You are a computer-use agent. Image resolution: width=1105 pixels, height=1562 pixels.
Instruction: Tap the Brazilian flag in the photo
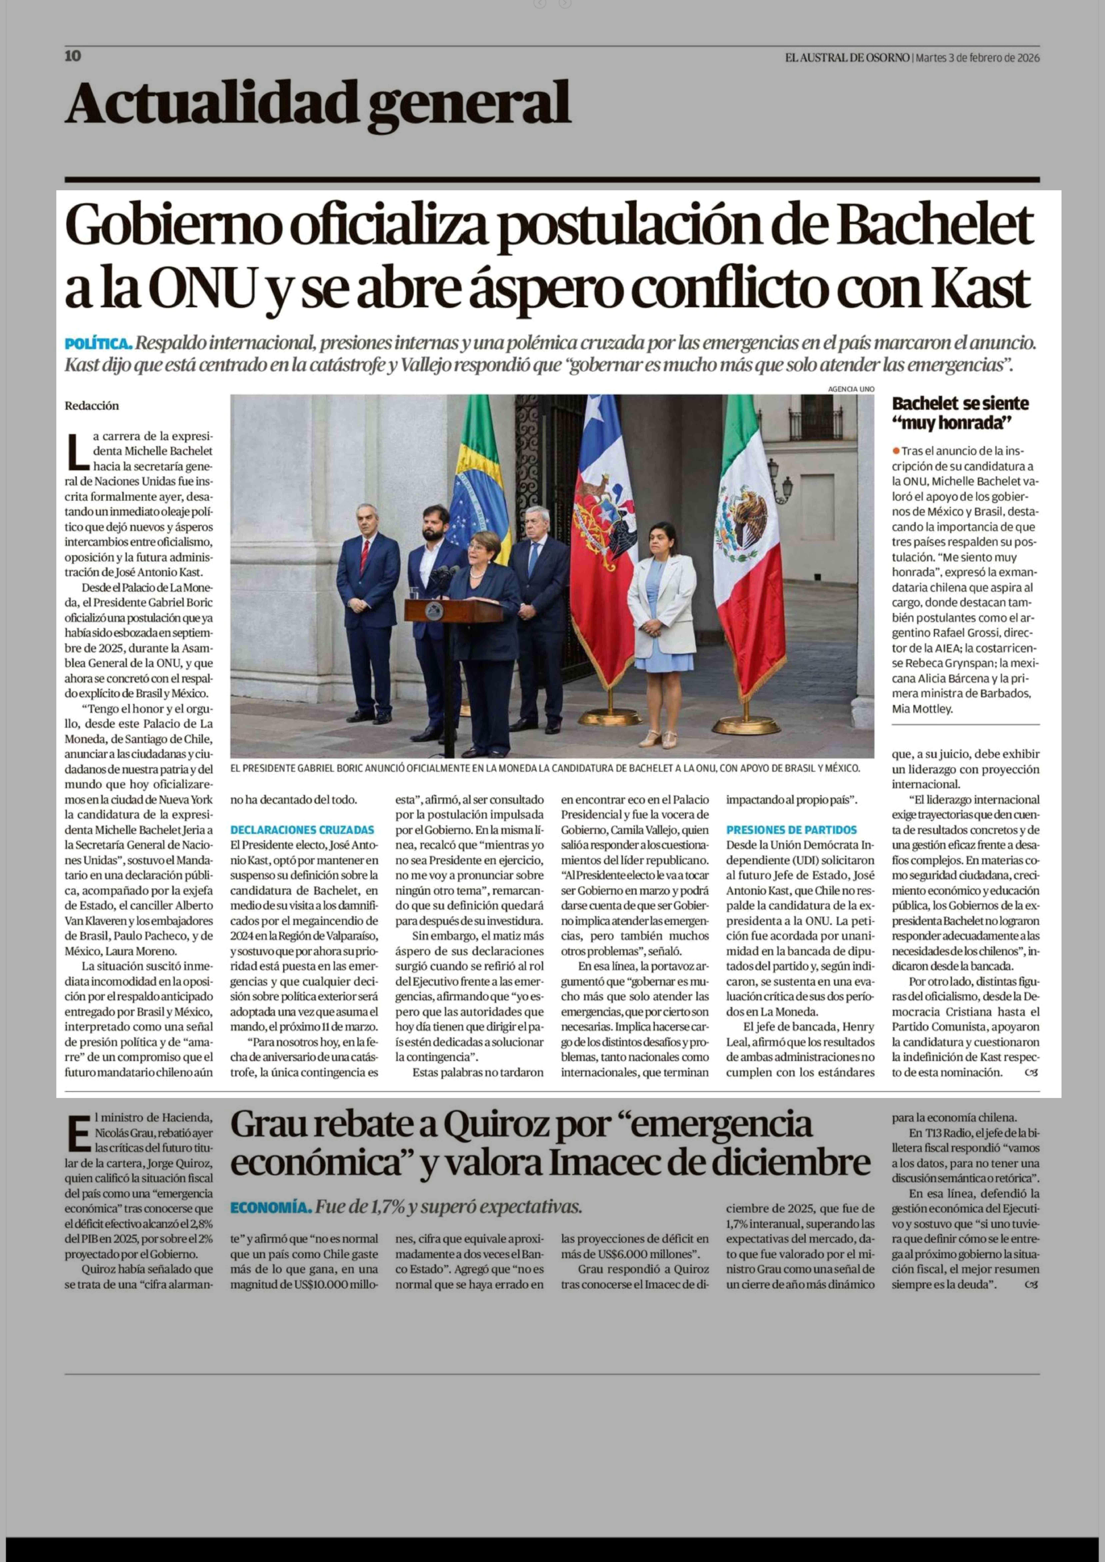coord(480,476)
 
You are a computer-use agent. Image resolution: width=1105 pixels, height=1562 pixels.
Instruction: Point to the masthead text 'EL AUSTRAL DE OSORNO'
coord(847,58)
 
